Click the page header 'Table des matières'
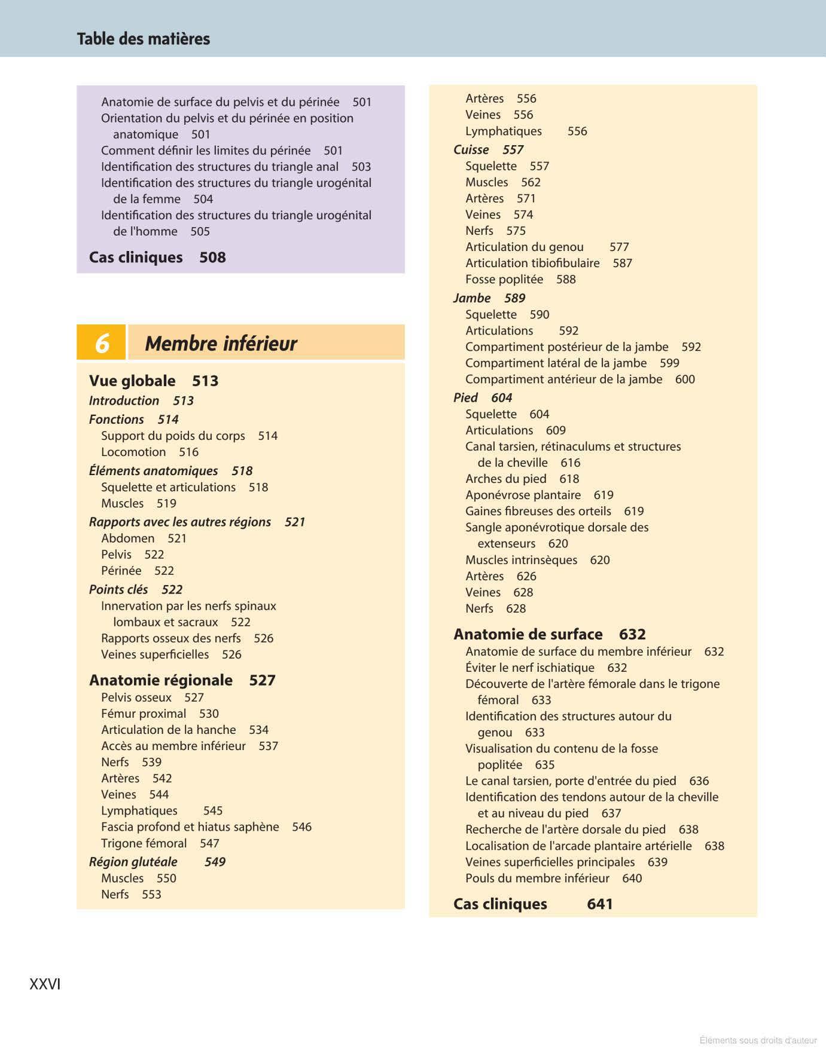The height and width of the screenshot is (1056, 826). coord(144,39)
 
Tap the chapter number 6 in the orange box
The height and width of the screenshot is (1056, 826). coord(102,343)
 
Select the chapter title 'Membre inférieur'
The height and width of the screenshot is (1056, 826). coord(221,344)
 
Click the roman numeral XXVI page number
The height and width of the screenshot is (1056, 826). coord(45,984)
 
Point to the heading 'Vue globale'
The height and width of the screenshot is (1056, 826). coord(132,381)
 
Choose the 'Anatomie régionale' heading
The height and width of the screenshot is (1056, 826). coord(161,680)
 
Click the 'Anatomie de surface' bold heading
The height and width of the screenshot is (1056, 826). coord(528,634)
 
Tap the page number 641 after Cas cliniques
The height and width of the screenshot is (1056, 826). coord(599,904)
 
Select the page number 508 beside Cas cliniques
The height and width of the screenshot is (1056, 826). coord(212,258)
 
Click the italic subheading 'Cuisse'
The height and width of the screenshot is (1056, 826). coord(471,149)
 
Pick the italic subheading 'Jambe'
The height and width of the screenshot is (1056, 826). coord(472,298)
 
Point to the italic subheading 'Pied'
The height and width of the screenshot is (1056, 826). coord(465,397)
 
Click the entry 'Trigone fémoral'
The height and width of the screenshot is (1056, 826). coord(144,843)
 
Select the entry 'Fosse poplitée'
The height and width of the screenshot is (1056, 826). coord(504,279)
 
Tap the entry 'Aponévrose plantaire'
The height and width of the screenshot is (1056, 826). coord(523,495)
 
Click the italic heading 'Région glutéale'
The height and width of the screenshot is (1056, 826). coord(133,862)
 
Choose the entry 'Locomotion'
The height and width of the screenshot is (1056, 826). coord(133,452)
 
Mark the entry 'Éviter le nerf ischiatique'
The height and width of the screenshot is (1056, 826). coord(530,668)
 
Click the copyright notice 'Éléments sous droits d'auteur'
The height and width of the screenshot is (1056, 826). coord(758,1040)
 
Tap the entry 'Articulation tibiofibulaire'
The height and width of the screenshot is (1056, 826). coord(532,263)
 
